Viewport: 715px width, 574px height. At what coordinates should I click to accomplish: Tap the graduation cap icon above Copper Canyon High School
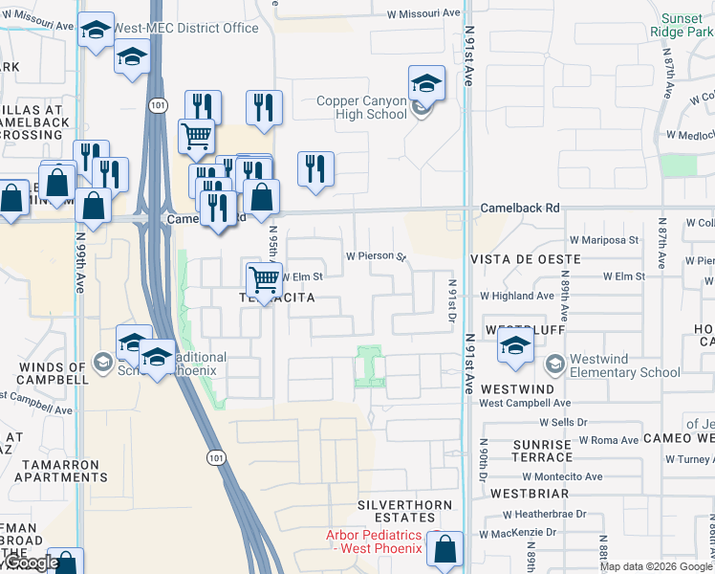click(x=426, y=83)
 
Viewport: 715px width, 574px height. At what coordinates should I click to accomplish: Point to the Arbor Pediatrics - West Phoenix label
click(x=374, y=541)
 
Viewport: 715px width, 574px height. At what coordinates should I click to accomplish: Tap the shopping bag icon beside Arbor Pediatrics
click(x=444, y=549)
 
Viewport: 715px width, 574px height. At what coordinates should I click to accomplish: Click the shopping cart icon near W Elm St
click(x=264, y=279)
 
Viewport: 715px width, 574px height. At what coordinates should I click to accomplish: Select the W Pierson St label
click(x=376, y=256)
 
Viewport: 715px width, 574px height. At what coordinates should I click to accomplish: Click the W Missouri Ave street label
click(x=423, y=14)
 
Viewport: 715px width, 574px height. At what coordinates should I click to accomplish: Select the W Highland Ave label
click(x=517, y=297)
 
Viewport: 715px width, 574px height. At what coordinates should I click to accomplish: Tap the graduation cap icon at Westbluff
click(x=515, y=349)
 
